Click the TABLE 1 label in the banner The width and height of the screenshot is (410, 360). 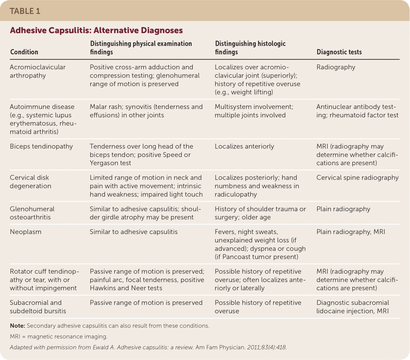pyautogui.click(x=25, y=11)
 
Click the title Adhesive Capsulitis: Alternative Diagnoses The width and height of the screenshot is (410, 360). pyautogui.click(x=96, y=30)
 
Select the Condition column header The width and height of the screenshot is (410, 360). pyautogui.click(x=24, y=52)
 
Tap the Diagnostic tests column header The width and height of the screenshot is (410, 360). pyautogui.click(x=339, y=52)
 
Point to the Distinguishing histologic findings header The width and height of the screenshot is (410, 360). pyautogui.click(x=250, y=48)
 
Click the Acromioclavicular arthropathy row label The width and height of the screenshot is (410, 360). pyautogui.click(x=38, y=71)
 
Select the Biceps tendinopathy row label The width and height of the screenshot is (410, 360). pyautogui.click(x=41, y=146)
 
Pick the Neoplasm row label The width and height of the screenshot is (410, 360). pyautogui.click(x=26, y=232)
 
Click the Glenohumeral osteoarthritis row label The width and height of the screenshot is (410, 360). pyautogui.click(x=32, y=213)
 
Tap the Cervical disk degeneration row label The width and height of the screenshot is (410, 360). pyautogui.click(x=30, y=182)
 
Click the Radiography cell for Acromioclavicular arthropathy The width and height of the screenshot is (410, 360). pyautogui.click(x=336, y=67)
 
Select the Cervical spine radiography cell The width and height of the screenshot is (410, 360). pyautogui.click(x=357, y=178)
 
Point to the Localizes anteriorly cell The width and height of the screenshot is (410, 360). pyautogui.click(x=244, y=146)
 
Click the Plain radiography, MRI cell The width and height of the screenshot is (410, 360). pyautogui.click(x=351, y=232)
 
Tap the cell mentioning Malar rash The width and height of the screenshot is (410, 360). pyautogui.click(x=146, y=111)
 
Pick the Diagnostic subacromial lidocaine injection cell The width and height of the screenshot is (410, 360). pyautogui.click(x=352, y=307)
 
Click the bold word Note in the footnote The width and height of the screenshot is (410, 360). pyautogui.click(x=17, y=326)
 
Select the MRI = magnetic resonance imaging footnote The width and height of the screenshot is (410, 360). pyautogui.click(x=59, y=337)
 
